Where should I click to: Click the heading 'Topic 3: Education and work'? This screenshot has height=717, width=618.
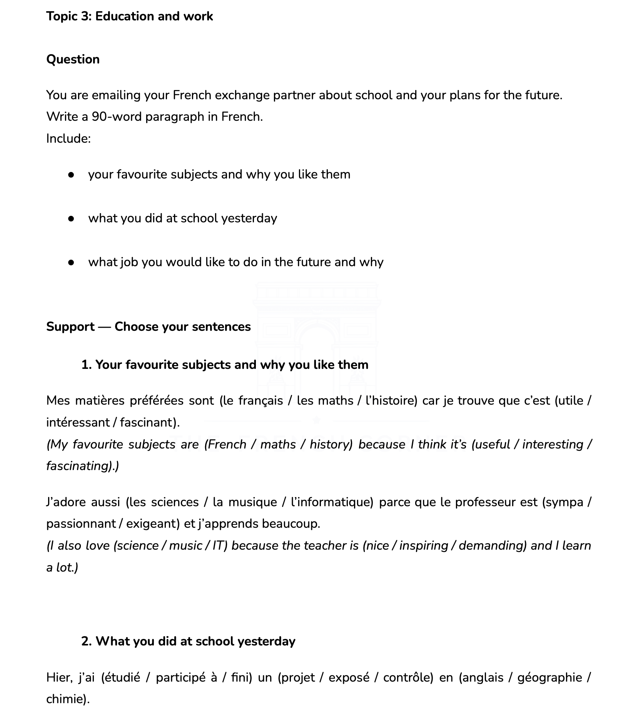129,17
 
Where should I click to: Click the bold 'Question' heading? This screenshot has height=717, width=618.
73,60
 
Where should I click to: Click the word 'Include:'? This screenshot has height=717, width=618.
68,138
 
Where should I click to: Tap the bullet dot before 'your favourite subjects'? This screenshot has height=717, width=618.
71,175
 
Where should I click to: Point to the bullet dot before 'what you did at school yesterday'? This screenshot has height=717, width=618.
71,219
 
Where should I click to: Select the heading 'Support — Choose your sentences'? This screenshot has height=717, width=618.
148,327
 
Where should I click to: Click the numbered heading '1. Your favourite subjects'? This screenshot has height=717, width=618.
225,365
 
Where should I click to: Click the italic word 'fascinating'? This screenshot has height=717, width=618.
79,466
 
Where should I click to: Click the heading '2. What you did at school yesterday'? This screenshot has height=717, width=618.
188,641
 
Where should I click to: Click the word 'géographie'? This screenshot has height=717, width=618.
550,677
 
